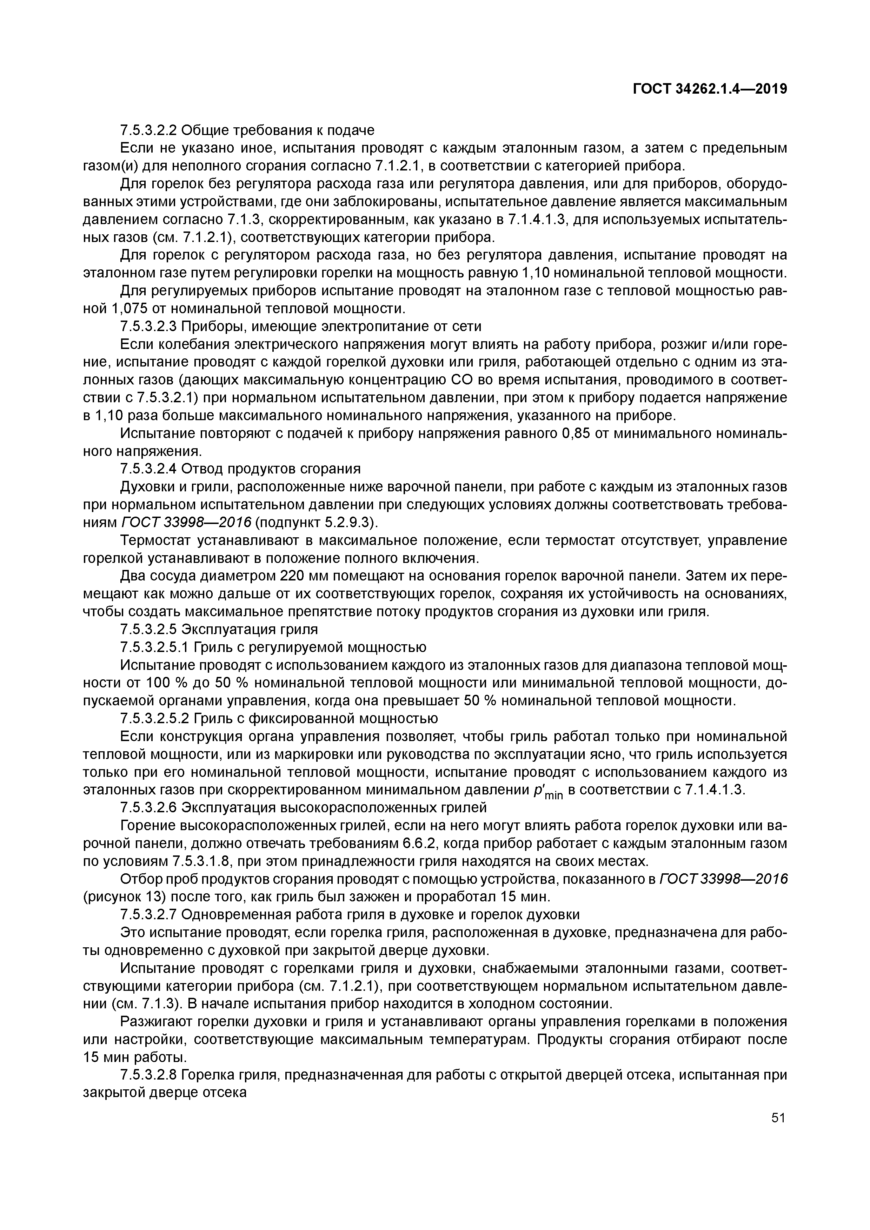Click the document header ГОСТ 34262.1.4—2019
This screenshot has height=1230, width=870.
tap(710, 89)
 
